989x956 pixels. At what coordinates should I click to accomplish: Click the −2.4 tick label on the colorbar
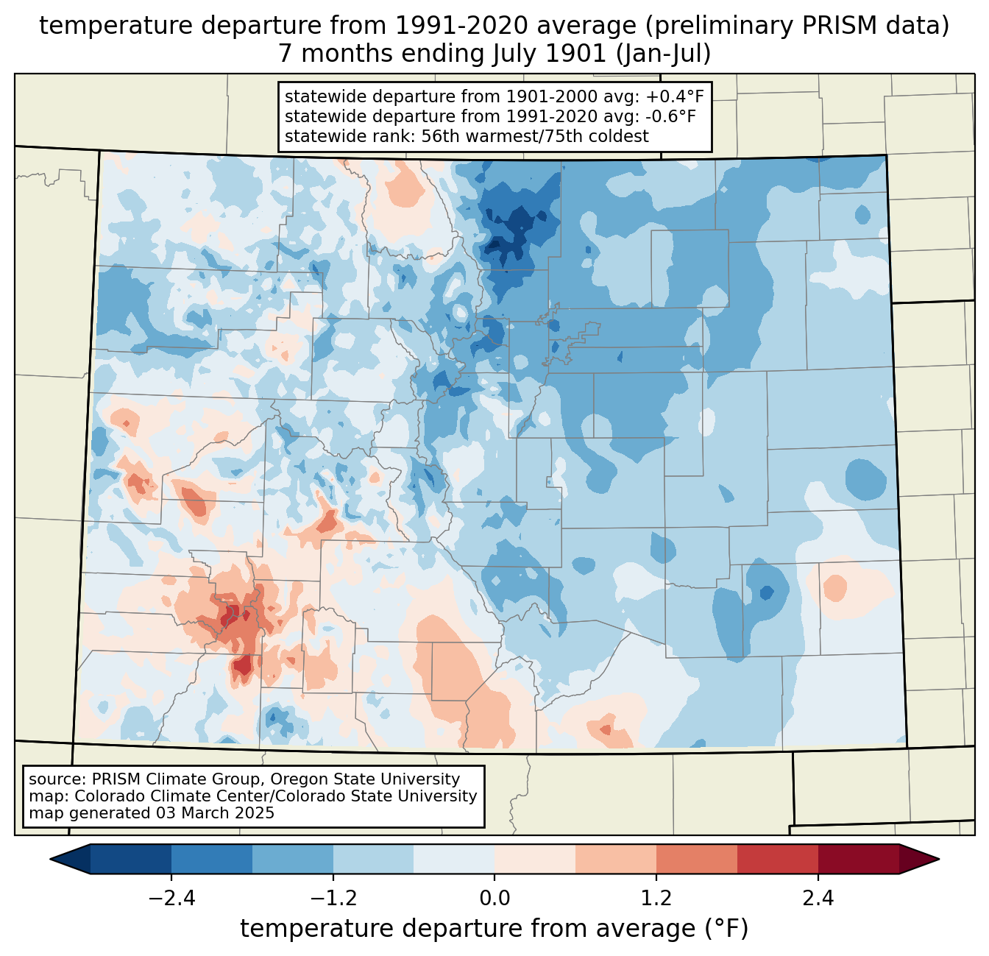171,899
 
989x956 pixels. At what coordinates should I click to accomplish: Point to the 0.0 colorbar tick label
494,899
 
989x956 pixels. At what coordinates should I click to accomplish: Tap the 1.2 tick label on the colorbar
656,899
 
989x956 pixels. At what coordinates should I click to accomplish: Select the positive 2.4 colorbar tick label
818,899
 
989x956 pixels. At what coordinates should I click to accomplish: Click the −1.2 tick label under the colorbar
333,899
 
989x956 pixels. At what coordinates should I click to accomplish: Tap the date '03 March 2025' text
215,813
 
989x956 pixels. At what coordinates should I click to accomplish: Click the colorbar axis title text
494,929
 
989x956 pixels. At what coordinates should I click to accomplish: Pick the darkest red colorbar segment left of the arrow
858,859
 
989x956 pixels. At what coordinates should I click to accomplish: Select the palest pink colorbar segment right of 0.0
535,859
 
